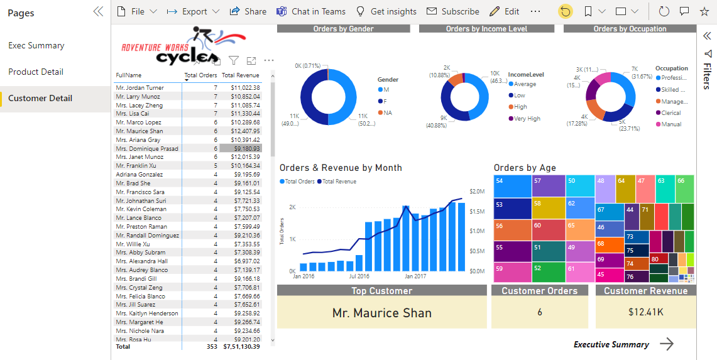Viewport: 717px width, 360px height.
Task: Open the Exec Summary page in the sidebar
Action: (36, 45)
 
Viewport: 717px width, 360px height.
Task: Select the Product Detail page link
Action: (36, 72)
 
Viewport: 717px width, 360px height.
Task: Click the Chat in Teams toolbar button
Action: (311, 11)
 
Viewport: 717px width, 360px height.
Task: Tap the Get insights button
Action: (386, 11)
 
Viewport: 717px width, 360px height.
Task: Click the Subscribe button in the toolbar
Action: (452, 11)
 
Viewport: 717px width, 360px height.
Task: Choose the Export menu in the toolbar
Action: (193, 11)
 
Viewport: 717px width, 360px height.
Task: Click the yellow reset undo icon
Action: (566, 11)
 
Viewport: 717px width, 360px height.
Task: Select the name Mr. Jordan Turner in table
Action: (140, 88)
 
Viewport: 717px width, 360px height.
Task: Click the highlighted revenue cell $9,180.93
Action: (249, 149)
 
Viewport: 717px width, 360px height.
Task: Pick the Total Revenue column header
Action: (240, 75)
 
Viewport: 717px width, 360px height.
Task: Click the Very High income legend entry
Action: (527, 118)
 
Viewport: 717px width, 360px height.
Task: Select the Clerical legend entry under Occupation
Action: (670, 113)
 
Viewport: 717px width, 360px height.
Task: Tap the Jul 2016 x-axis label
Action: (359, 276)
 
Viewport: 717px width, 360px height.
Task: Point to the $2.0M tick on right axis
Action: (477, 192)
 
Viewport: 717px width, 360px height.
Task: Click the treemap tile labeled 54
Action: (512, 186)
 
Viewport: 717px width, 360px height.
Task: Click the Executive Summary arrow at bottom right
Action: (667, 344)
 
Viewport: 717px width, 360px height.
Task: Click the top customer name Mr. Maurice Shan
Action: (381, 313)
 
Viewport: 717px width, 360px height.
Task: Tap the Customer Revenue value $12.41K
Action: (645, 312)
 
